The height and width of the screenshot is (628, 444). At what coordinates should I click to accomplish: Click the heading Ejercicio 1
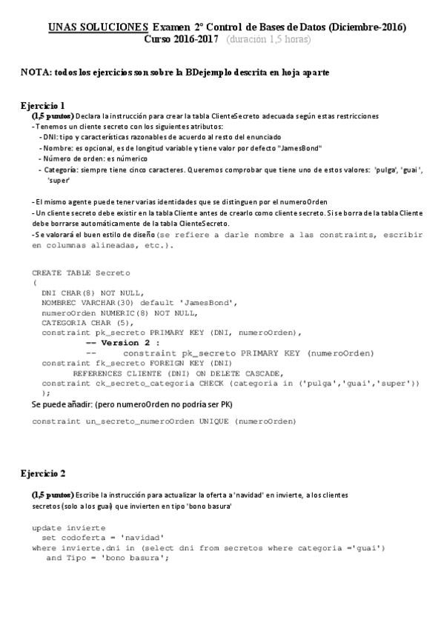[42, 105]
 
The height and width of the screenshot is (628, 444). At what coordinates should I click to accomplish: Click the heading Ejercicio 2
[42, 473]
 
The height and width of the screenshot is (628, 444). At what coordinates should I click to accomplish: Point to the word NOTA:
[35, 73]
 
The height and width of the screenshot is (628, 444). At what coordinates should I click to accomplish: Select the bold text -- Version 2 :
[123, 343]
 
